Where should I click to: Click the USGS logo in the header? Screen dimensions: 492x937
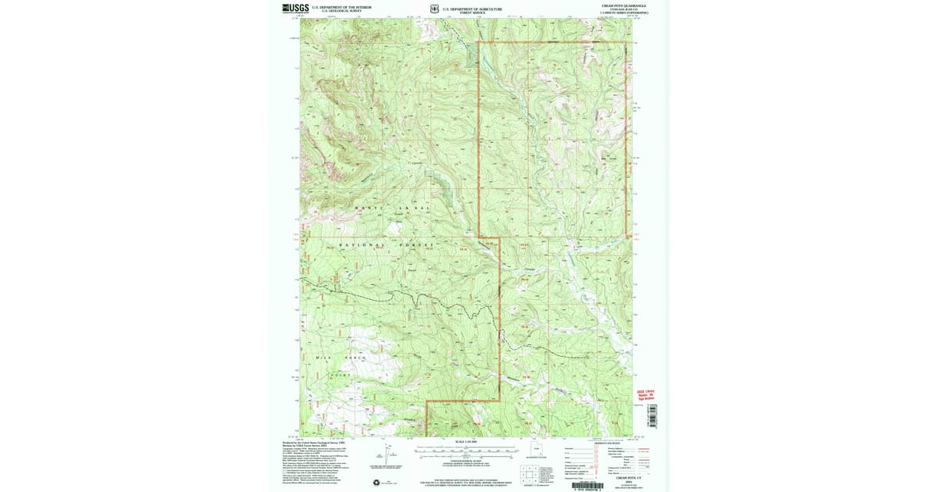click(295, 9)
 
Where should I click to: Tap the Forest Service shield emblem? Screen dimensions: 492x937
click(434, 9)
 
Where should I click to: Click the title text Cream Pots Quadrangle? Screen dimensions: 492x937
click(623, 5)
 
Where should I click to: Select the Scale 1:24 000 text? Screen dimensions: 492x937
click(466, 442)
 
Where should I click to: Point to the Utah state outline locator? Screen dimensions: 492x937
click(536, 450)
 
